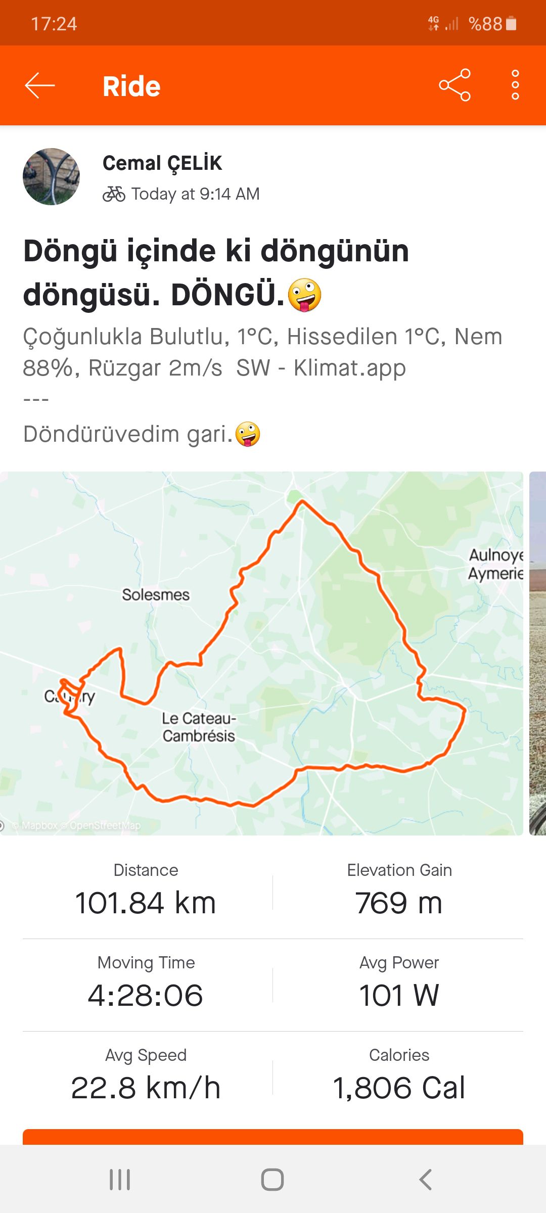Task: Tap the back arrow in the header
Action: tap(40, 85)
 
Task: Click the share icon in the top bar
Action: tap(454, 85)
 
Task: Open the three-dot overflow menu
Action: tap(515, 85)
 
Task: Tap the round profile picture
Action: tap(51, 176)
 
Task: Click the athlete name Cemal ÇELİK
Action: tap(162, 163)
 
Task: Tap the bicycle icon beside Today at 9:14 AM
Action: tap(114, 194)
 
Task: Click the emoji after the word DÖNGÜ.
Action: tap(304, 295)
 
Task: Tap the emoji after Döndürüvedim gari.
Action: tap(248, 434)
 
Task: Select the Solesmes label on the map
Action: tap(156, 594)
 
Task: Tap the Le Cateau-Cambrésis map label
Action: tap(199, 727)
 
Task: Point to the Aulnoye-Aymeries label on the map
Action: tap(495, 564)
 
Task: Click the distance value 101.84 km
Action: tap(146, 903)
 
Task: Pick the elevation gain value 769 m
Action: tap(399, 903)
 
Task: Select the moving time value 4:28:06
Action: tap(146, 996)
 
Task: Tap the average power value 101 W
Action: tap(399, 996)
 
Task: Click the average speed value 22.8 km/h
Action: tap(146, 1088)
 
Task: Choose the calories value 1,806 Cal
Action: tap(399, 1088)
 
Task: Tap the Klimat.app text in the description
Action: tap(349, 368)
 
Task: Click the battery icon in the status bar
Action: tap(511, 23)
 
